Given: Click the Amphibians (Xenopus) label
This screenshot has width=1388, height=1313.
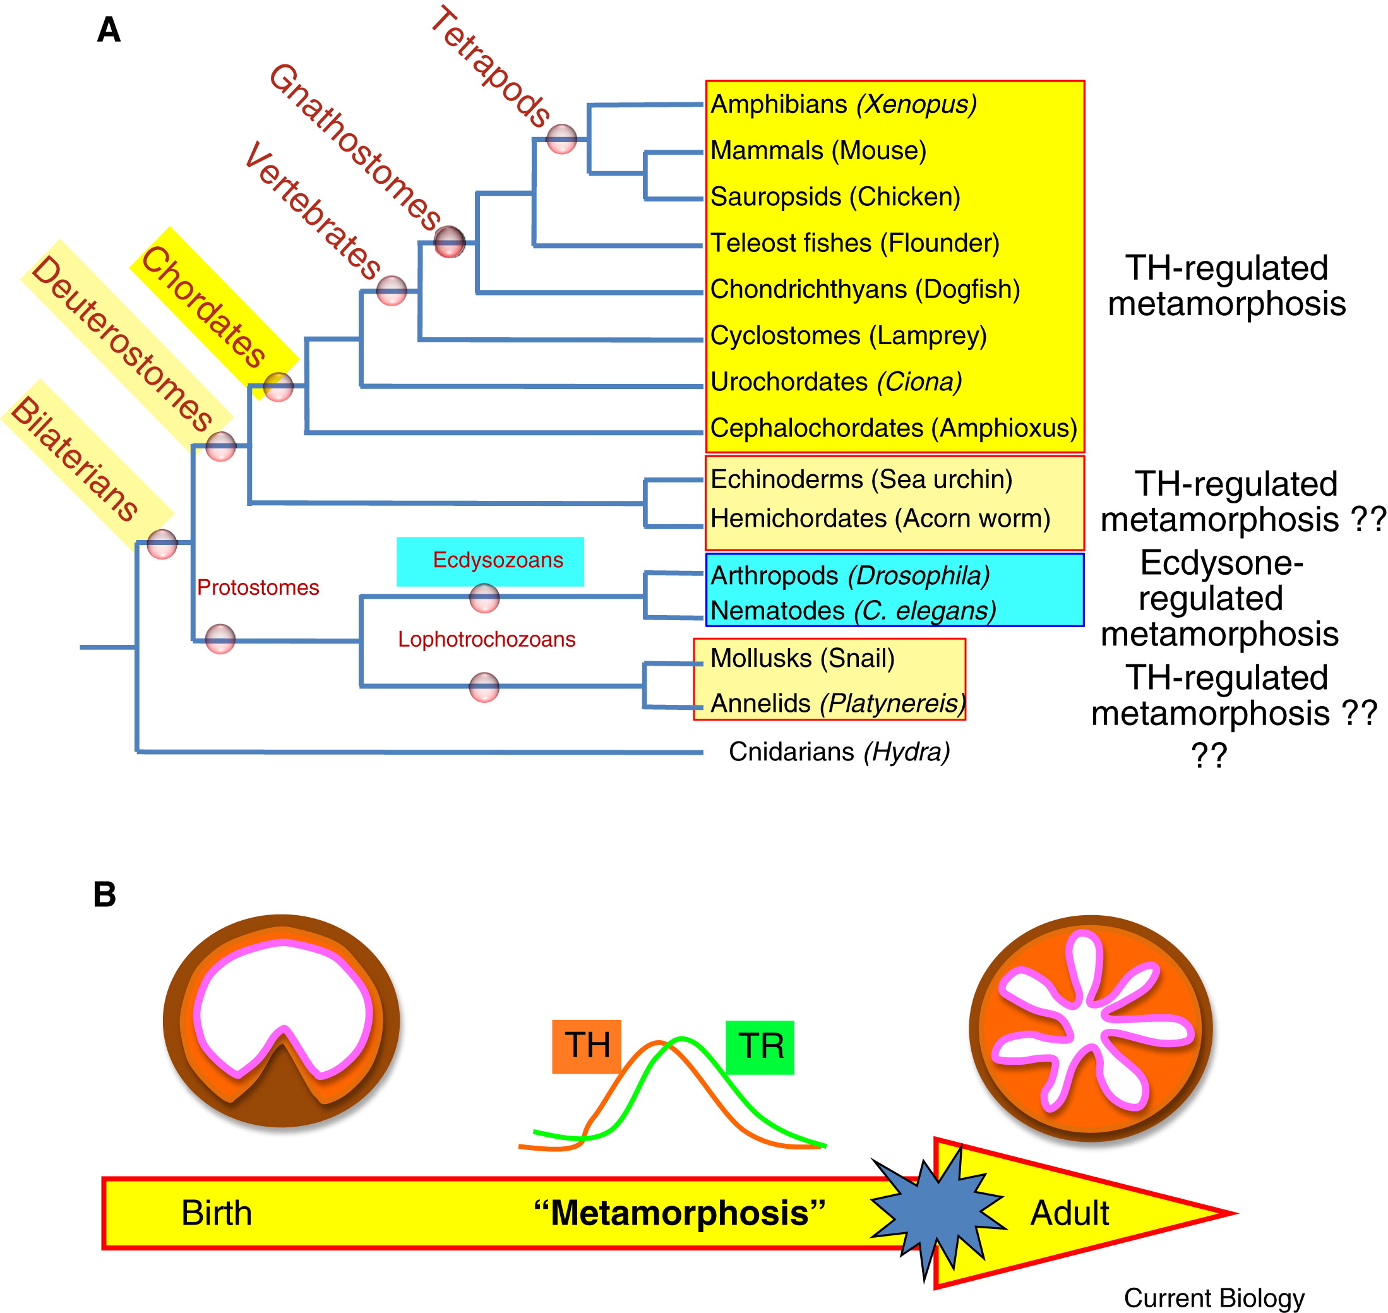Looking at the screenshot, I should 843,104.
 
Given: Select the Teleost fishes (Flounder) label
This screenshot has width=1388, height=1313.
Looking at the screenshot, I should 854,243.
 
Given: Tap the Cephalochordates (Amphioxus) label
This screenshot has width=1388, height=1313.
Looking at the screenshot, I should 893,428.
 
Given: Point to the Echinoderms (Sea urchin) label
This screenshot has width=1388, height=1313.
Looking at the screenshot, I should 861,479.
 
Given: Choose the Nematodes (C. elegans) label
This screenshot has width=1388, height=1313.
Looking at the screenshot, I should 853,611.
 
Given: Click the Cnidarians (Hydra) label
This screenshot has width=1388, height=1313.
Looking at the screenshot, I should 839,752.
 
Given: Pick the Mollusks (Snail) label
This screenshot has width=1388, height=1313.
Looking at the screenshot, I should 802,658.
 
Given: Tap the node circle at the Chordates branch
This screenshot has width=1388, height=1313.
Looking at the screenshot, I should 278,387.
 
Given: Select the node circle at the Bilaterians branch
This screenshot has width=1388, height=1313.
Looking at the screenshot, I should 162,544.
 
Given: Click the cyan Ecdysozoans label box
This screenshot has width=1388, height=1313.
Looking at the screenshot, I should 490,561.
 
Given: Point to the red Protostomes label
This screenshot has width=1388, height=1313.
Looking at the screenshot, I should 258,587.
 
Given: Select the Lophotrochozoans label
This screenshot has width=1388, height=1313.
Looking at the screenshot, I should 486,639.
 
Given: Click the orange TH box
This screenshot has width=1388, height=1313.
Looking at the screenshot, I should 587,1046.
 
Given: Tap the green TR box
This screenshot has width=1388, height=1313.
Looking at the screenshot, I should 760,1046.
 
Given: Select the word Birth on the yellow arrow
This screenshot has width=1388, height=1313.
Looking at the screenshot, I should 217,1213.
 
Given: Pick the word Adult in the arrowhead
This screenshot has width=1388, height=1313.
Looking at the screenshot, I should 1069,1213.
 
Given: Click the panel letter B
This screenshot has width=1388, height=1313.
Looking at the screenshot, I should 105,894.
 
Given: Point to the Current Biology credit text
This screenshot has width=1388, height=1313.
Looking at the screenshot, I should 1214,1297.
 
